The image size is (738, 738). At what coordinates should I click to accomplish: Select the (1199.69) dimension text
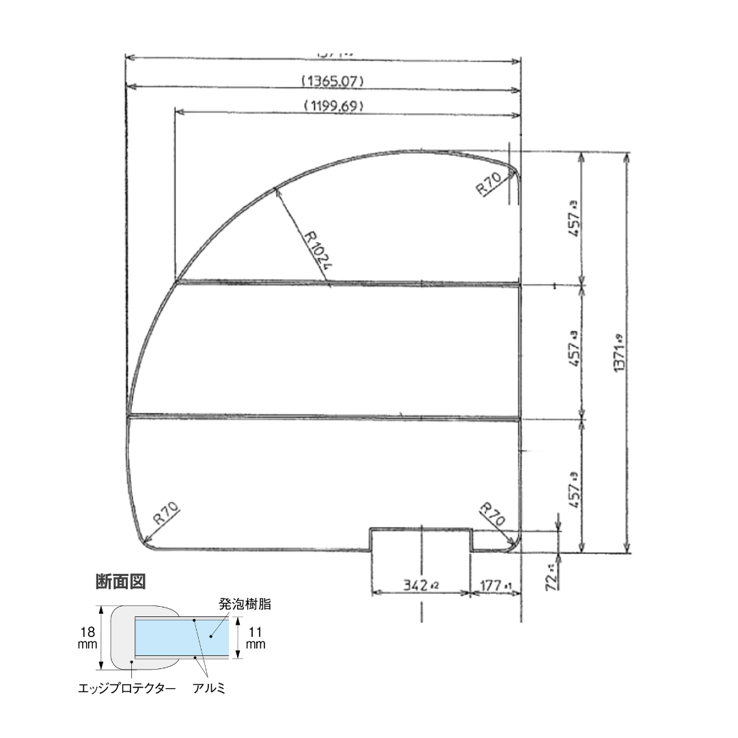tap(332, 106)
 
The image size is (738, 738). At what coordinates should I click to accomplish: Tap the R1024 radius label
tap(317, 250)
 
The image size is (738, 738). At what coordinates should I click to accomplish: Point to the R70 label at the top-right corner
tap(490, 184)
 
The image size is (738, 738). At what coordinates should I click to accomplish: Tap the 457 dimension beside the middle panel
tap(574, 351)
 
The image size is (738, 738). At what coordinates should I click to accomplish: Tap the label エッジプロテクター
tap(127, 688)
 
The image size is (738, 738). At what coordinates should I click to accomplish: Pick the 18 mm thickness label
tap(87, 638)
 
